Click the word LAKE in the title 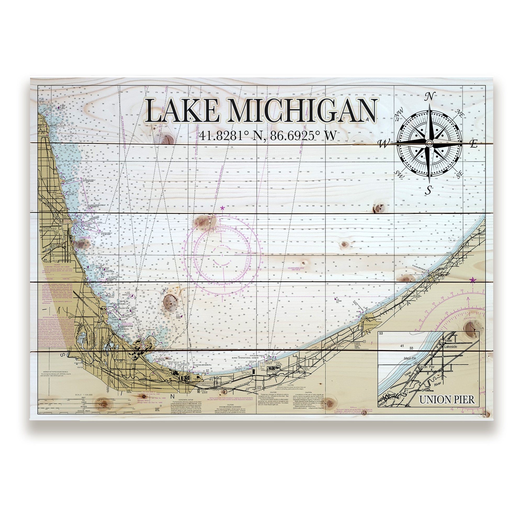pyautogui.click(x=182, y=111)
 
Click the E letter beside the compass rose pyautogui.click(x=474, y=144)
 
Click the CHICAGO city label pyautogui.click(x=49, y=229)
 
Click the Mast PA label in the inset pyautogui.click(x=410, y=359)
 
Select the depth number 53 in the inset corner pyautogui.click(x=381, y=333)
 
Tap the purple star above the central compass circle pyautogui.click(x=223, y=208)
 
